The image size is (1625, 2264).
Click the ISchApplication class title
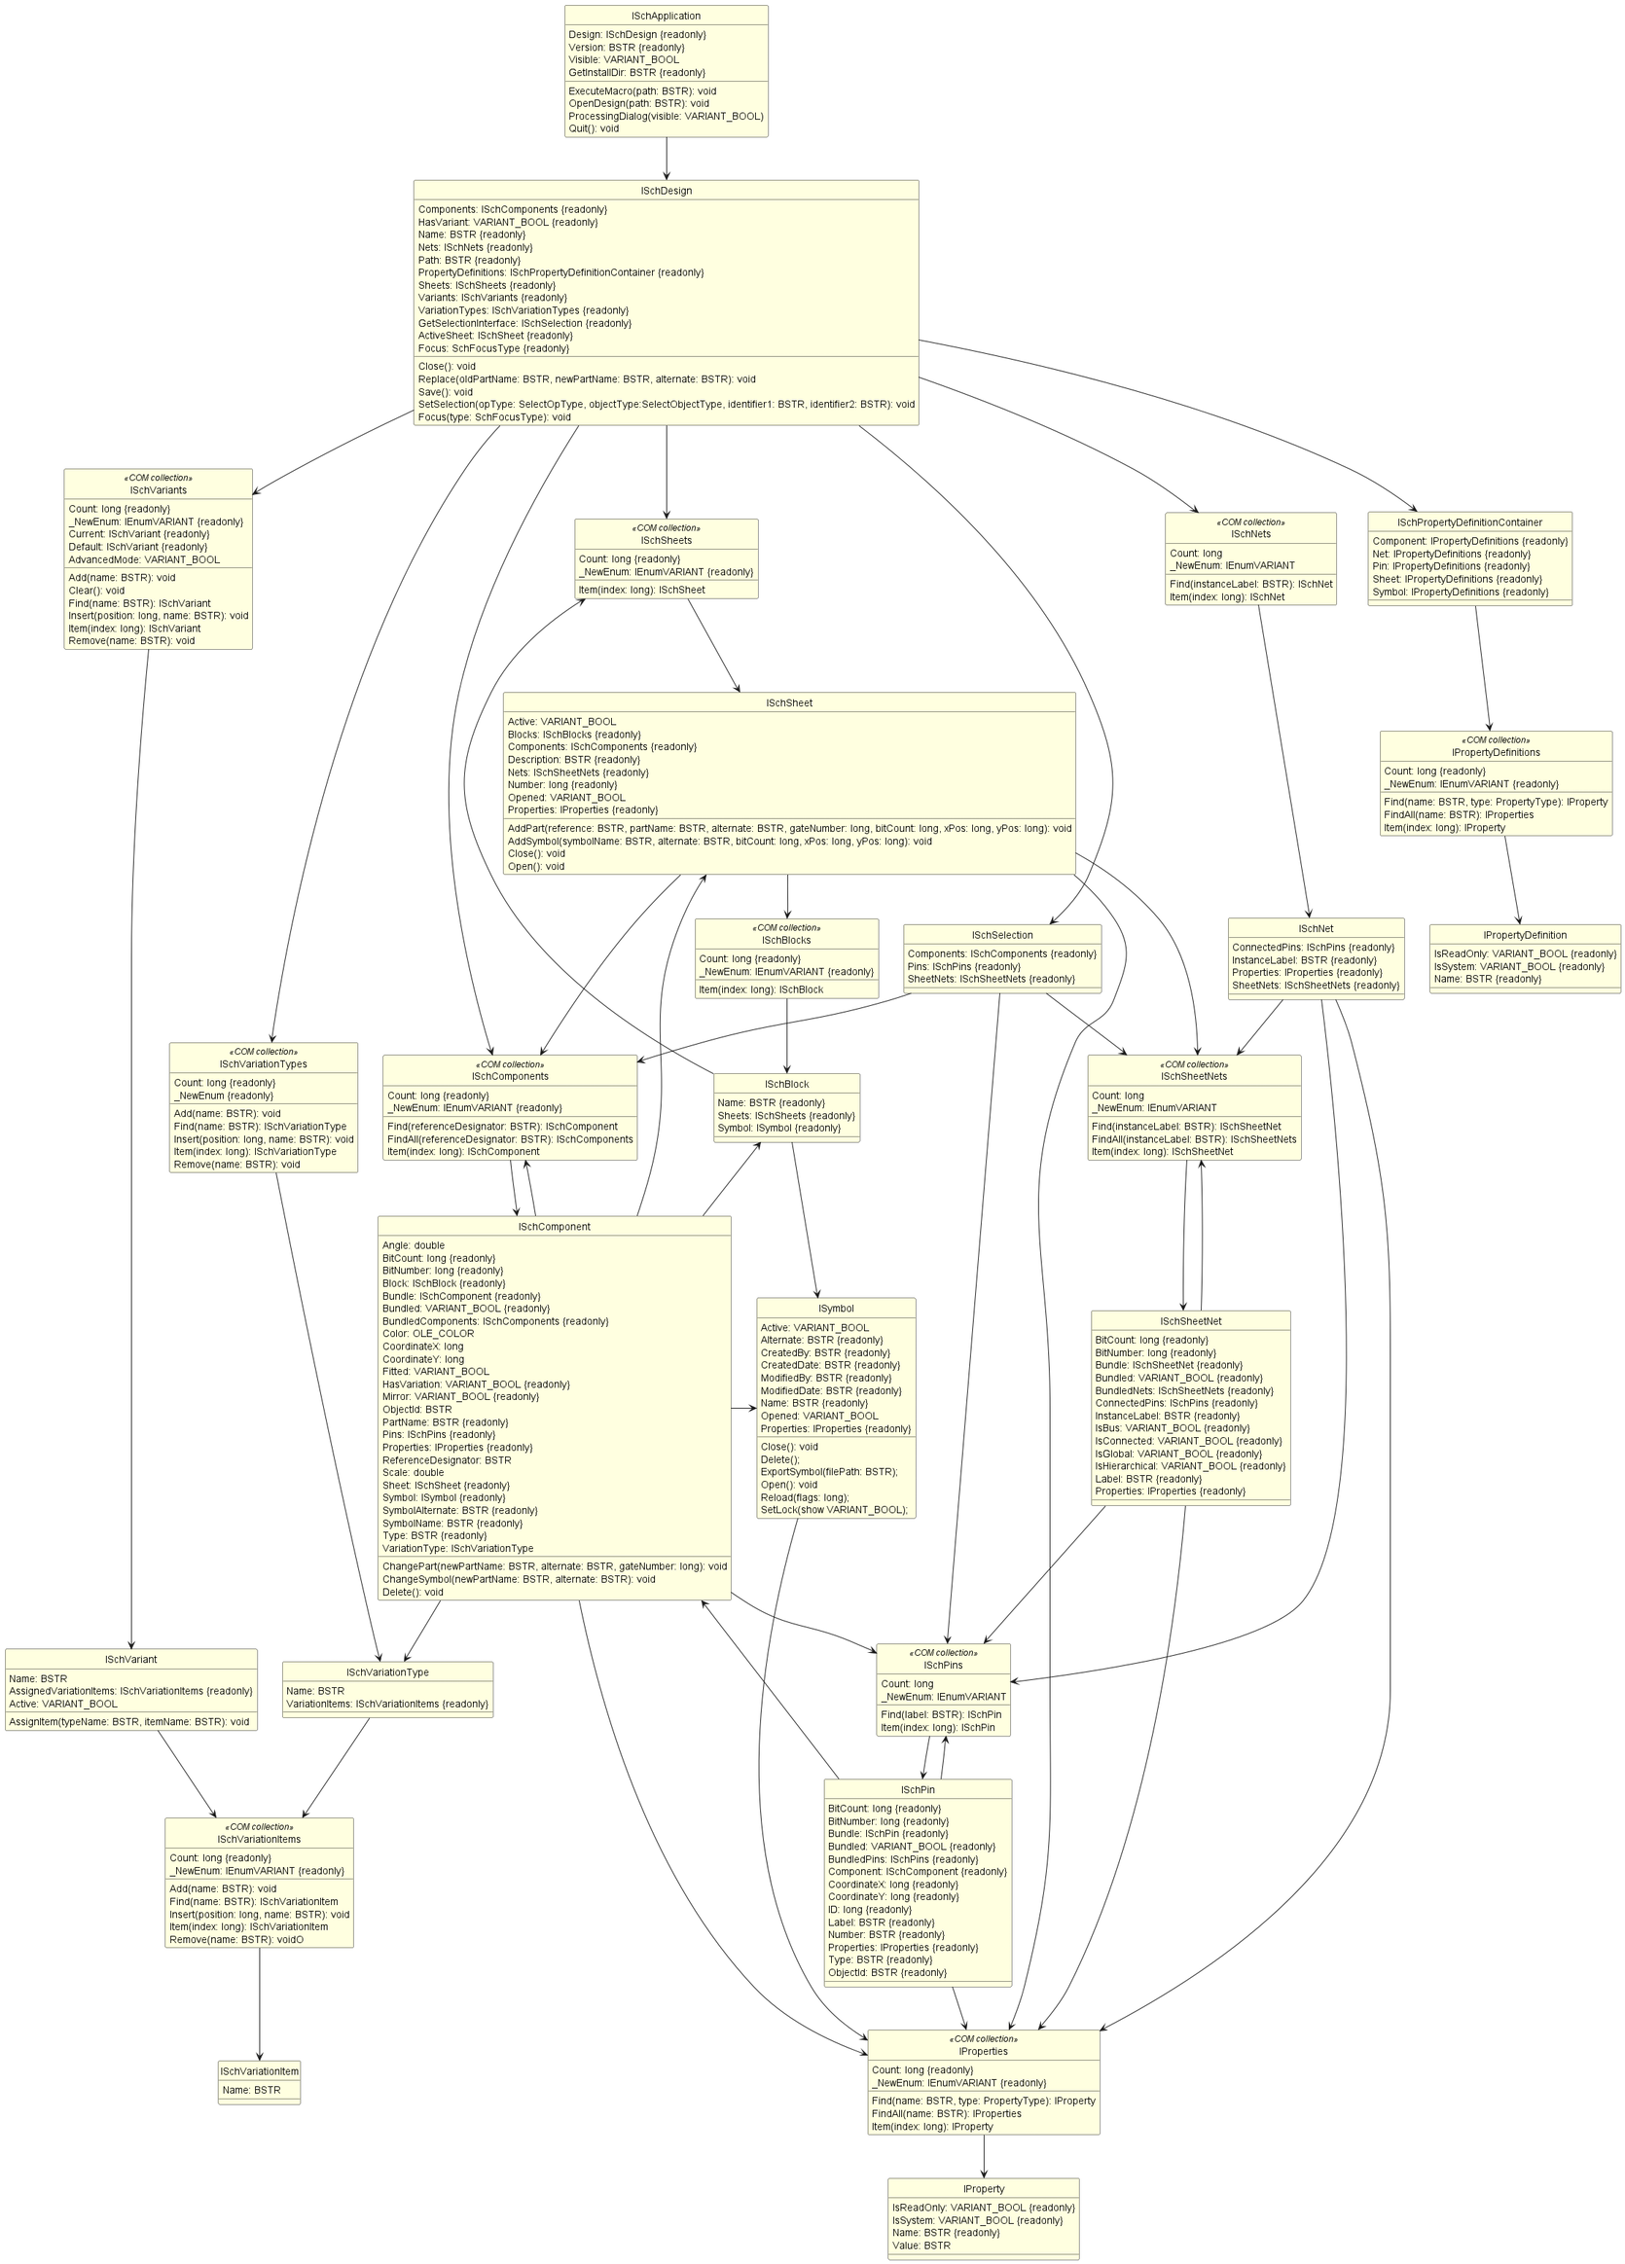666,16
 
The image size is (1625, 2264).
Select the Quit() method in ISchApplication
594,128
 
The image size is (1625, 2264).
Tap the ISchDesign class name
666,191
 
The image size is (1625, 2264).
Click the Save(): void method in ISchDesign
446,392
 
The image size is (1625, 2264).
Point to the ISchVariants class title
158,490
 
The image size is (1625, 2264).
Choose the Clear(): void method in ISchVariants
97,590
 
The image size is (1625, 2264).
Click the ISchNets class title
1250,534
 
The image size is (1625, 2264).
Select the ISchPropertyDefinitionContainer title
1469,522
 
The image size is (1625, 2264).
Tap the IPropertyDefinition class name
1524,935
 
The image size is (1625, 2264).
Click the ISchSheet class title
788,702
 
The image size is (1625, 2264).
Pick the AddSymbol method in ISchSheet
719,841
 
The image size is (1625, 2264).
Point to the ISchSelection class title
1002,935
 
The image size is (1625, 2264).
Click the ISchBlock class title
786,1084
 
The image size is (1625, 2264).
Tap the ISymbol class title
836,1309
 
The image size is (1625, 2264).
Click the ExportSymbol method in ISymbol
828,1471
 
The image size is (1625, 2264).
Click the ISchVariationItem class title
260,2071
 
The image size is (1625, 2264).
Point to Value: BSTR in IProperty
921,2246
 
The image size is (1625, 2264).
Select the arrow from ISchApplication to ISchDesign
667,159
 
